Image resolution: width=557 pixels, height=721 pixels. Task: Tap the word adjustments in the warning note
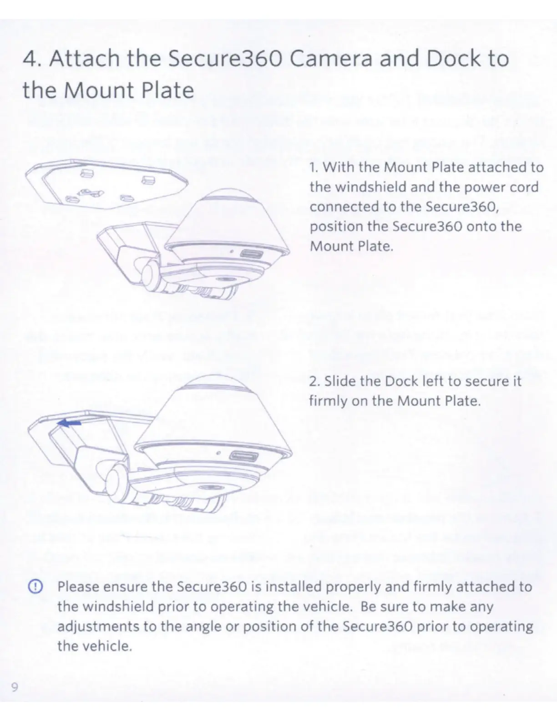tap(98, 626)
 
